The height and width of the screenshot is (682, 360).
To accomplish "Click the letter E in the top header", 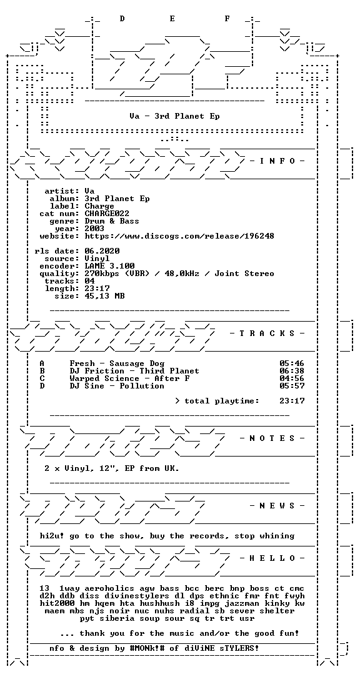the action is (x=172, y=18).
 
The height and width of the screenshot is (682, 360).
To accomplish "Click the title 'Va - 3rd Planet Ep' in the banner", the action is (x=174, y=116).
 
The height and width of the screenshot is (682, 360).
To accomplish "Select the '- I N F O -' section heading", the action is (x=277, y=161).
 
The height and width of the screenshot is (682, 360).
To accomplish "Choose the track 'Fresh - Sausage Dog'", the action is (x=117, y=363).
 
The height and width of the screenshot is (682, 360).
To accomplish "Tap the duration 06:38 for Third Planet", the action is (x=292, y=371).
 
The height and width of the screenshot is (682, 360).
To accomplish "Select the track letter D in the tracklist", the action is (x=42, y=386).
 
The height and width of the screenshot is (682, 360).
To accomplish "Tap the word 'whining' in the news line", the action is (x=277, y=536).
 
